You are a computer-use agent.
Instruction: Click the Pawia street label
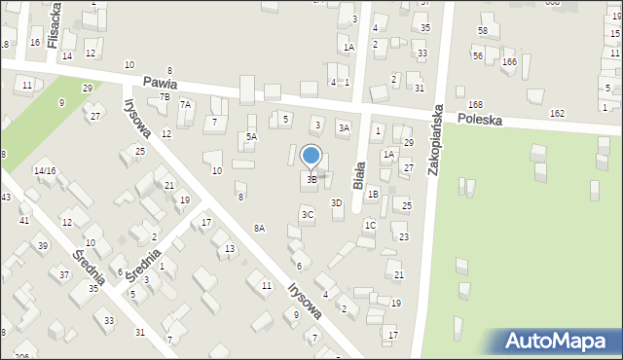(x=160, y=84)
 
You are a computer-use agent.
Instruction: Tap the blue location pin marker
(x=311, y=156)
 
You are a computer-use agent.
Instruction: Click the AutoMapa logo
(x=558, y=342)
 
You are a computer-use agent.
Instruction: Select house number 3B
(x=311, y=179)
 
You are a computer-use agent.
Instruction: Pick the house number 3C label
(x=308, y=214)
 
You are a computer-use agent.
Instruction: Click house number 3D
(x=337, y=203)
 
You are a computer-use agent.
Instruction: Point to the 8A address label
(x=260, y=228)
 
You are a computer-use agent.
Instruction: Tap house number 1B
(x=373, y=194)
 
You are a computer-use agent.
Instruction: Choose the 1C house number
(x=370, y=225)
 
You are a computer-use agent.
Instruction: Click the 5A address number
(x=251, y=137)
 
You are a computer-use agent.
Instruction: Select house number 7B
(x=165, y=96)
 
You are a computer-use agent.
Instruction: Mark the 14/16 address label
(x=44, y=170)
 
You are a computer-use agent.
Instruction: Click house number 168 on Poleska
(x=475, y=104)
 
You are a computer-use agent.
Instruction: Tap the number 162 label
(x=557, y=114)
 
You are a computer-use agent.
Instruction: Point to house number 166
(x=509, y=62)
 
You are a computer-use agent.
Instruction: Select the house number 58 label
(x=483, y=31)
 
